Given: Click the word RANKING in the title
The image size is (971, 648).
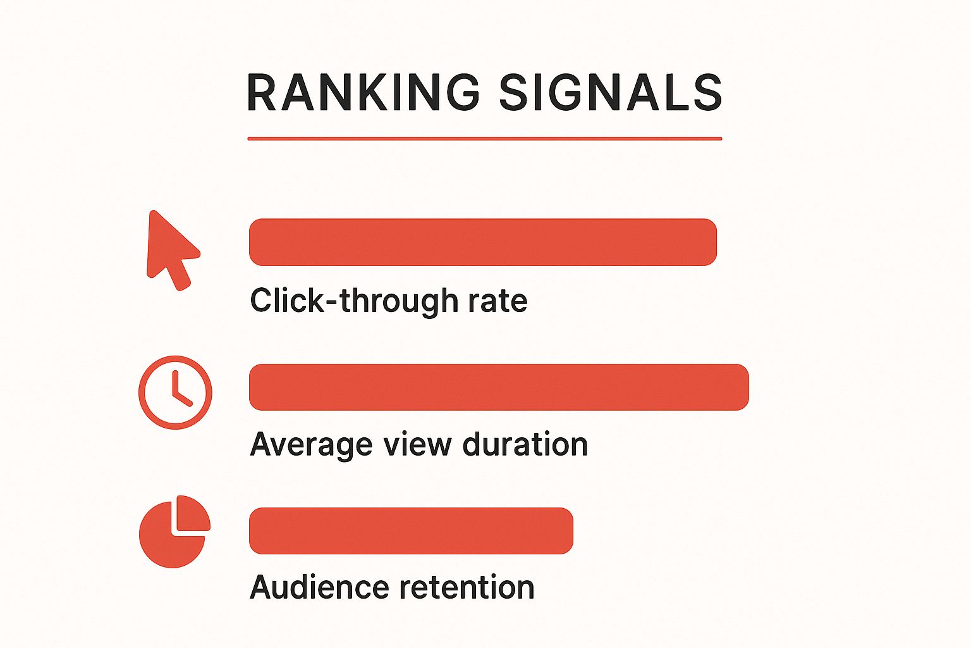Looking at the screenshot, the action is [363, 92].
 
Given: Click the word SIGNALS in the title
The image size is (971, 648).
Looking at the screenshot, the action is [611, 92].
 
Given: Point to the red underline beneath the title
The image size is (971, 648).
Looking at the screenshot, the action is [485, 139].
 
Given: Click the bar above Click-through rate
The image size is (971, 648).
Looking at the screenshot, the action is [482, 242].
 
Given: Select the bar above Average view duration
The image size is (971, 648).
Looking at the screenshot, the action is [499, 387].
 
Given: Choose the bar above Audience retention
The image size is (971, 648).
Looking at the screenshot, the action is [411, 531].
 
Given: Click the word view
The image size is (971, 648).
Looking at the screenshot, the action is [417, 444].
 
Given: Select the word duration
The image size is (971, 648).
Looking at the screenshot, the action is [525, 444].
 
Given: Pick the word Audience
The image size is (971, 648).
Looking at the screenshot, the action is [319, 587].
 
